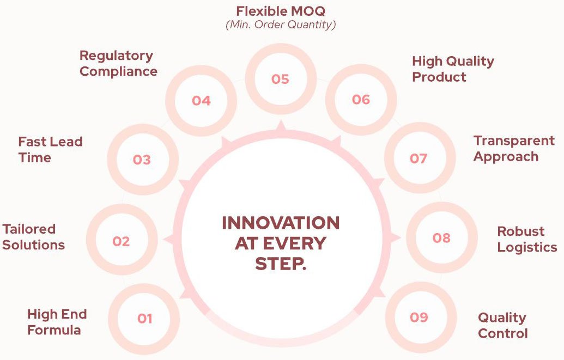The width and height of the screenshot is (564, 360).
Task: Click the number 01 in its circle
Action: [144, 318]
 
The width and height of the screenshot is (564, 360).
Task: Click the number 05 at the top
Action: [280, 79]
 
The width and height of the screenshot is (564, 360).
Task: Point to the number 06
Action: [361, 99]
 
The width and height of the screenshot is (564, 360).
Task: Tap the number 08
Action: [441, 237]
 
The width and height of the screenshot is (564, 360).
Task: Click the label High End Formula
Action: [57, 322]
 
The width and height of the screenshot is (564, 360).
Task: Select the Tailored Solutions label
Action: [33, 237]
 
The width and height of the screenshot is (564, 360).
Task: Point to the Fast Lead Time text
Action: [50, 149]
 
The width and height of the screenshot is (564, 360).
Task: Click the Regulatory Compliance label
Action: [118, 63]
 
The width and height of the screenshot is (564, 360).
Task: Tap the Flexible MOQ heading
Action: [281, 11]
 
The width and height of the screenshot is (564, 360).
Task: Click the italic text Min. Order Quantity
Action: [281, 25]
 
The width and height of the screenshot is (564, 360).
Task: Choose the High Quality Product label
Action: [453, 69]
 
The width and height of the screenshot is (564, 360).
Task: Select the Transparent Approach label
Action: [514, 149]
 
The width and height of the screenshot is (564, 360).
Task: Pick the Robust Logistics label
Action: [527, 239]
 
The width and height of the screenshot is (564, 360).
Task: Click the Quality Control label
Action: [503, 326]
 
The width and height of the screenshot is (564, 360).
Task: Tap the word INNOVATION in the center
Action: [281, 223]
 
